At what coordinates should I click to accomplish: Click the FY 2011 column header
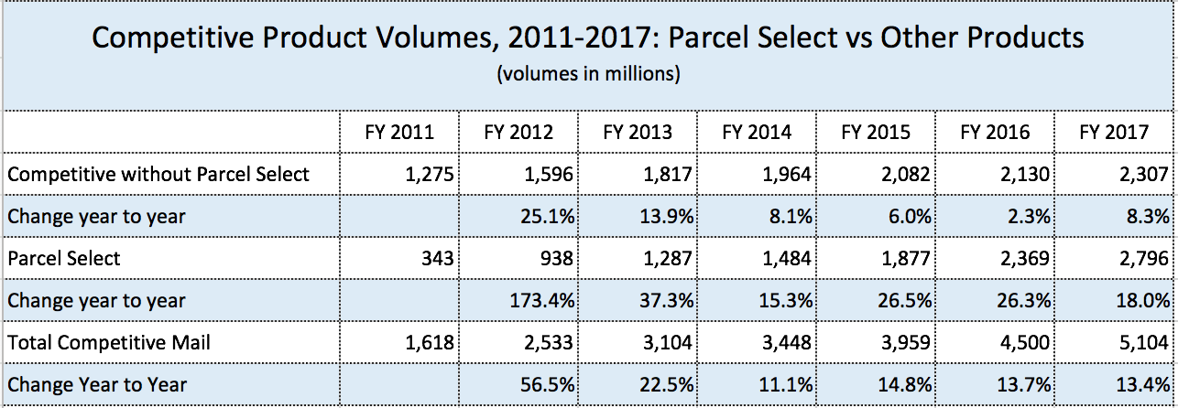pyautogui.click(x=399, y=132)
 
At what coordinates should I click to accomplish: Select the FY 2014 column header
pyautogui.click(x=757, y=132)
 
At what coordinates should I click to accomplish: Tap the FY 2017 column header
pyautogui.click(x=1114, y=132)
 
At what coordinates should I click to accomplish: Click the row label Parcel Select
pyautogui.click(x=63, y=259)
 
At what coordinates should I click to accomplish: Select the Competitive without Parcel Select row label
pyautogui.click(x=158, y=175)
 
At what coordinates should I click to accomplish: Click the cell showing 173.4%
pyautogui.click(x=542, y=301)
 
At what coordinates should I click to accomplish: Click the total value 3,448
pyautogui.click(x=786, y=343)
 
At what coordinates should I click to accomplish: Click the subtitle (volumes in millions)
pyautogui.click(x=588, y=74)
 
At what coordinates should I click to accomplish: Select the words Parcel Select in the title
pyautogui.click(x=742, y=38)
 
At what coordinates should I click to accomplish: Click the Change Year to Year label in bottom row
pyautogui.click(x=96, y=385)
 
